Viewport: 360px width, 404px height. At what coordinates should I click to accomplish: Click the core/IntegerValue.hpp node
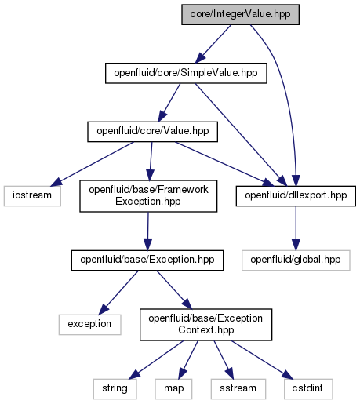pos(240,15)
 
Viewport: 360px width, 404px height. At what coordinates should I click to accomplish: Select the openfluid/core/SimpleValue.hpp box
pos(186,73)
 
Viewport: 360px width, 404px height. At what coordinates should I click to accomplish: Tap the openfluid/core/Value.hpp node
pos(152,132)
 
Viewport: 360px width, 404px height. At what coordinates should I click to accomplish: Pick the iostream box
pos(32,196)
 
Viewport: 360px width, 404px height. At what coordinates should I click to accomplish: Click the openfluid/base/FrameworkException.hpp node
pos(148,196)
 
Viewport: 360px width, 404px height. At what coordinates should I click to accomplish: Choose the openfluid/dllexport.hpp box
pos(296,196)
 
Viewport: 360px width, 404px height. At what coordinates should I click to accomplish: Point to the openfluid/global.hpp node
pos(296,260)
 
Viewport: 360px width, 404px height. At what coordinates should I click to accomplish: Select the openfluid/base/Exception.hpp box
pos(147,260)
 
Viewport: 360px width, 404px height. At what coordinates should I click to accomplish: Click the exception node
pos(89,325)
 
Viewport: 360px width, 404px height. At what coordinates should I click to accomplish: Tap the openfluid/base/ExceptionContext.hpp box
pos(205,325)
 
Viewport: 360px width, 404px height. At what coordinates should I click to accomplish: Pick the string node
pos(115,389)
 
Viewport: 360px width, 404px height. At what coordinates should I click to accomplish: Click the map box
pos(173,389)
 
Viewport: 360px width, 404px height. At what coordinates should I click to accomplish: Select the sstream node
pos(238,389)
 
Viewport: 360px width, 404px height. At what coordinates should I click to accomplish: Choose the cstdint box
pos(308,389)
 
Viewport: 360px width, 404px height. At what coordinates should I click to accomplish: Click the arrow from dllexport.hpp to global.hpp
pos(296,228)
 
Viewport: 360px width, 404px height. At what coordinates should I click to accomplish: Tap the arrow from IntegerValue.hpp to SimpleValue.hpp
pos(213,44)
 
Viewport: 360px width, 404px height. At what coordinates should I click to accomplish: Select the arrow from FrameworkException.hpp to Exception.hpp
pos(148,231)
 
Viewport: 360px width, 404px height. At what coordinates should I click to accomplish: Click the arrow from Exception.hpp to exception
pos(118,293)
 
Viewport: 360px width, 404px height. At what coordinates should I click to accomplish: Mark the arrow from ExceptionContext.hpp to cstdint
pos(262,360)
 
